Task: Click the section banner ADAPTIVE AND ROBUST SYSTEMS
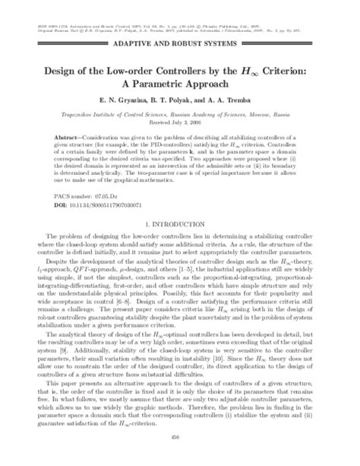pos(179,47)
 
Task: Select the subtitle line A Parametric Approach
pos(180,84)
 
